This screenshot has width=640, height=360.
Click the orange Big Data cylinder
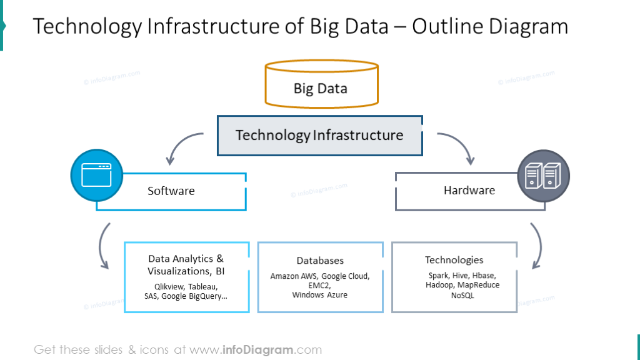(321, 85)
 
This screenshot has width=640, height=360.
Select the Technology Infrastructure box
(319, 135)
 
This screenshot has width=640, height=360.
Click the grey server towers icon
(543, 176)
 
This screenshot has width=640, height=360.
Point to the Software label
(171, 191)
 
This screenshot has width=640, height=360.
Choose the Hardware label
(469, 191)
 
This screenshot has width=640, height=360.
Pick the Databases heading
(320, 261)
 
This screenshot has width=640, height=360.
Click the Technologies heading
(454, 260)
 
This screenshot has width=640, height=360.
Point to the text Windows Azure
(319, 295)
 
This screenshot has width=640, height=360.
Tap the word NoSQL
(462, 296)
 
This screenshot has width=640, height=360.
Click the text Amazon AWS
(293, 276)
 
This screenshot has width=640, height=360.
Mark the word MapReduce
(478, 285)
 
